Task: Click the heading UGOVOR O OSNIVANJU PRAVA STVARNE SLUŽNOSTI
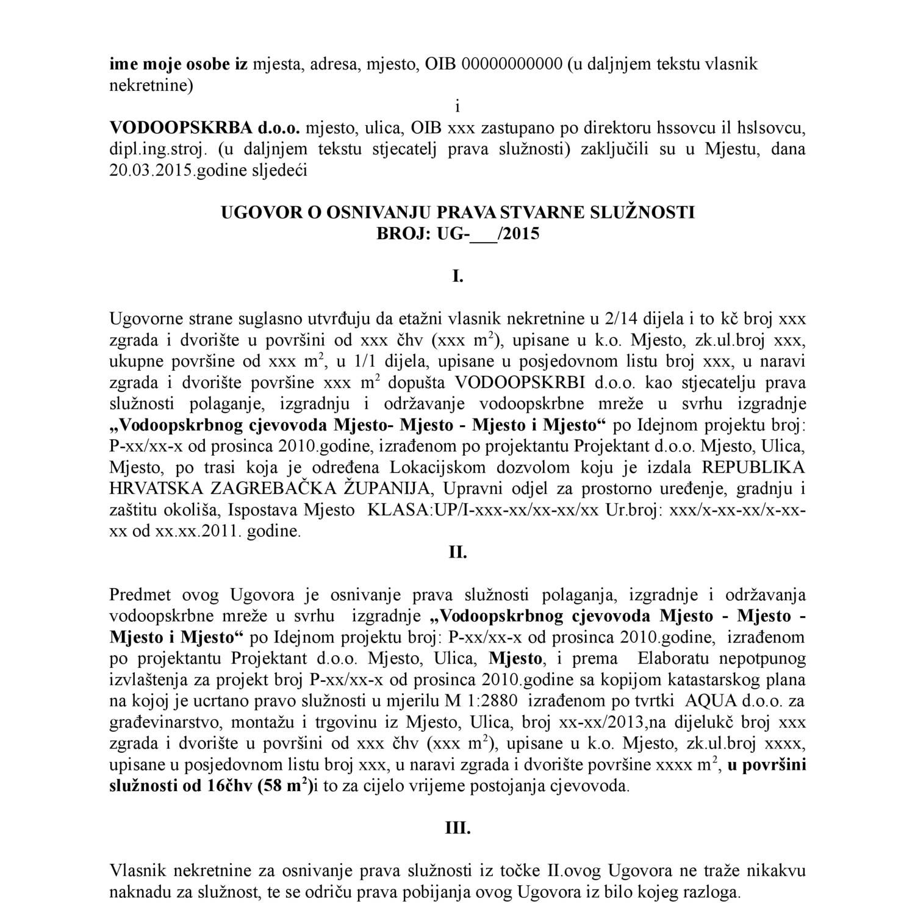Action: click(457, 212)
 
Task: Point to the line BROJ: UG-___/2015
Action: click(457, 234)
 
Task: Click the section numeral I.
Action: click(457, 276)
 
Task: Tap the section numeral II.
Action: click(457, 553)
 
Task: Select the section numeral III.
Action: click(457, 828)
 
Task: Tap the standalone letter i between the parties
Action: click(457, 107)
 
